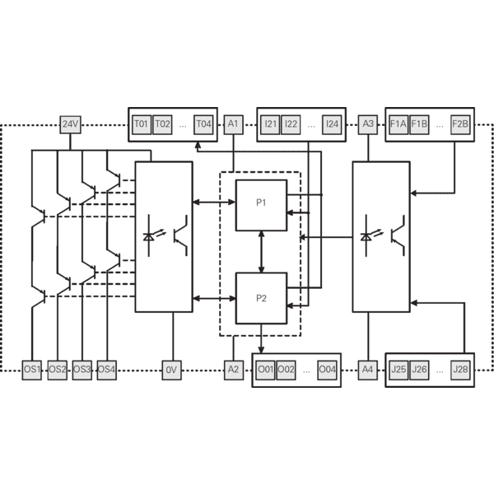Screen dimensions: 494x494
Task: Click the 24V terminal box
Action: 70,125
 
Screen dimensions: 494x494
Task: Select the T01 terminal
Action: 142,125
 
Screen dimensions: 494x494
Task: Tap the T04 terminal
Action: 203,125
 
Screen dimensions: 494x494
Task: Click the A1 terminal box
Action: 234,125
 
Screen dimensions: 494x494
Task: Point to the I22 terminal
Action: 291,125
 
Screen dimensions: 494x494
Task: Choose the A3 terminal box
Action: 368,125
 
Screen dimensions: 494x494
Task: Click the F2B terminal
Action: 460,125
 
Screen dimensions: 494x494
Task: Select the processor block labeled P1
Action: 261,205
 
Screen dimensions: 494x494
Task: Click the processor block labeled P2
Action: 261,298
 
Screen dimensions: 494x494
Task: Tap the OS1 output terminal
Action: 32,370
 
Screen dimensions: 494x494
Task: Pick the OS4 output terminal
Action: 107,370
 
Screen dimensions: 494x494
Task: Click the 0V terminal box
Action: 172,370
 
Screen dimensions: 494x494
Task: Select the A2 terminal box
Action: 234,370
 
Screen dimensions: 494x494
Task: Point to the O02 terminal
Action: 286,370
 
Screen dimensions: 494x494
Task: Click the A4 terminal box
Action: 368,370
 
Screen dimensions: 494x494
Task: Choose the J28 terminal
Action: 460,370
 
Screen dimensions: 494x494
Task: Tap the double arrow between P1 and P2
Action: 261,252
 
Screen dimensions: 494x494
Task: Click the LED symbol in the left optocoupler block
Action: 149,235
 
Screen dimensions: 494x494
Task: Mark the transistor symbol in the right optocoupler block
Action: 398,235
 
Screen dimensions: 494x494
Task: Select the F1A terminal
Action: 398,125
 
